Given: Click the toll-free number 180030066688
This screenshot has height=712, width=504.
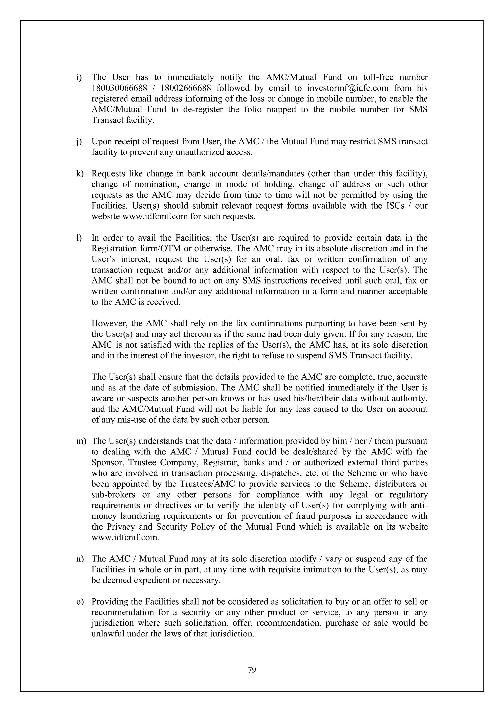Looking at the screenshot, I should pyautogui.click(x=119, y=88).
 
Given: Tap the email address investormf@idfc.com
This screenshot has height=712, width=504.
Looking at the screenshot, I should pyautogui.click(x=347, y=88).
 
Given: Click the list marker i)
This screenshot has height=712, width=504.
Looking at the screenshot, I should pyautogui.click(x=79, y=77).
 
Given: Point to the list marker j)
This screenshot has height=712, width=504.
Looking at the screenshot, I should pyautogui.click(x=79, y=142).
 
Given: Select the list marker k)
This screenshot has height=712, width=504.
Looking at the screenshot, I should pyautogui.click(x=80, y=174).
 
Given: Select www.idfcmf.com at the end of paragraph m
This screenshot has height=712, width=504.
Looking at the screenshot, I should pyautogui.click(x=125, y=537).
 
